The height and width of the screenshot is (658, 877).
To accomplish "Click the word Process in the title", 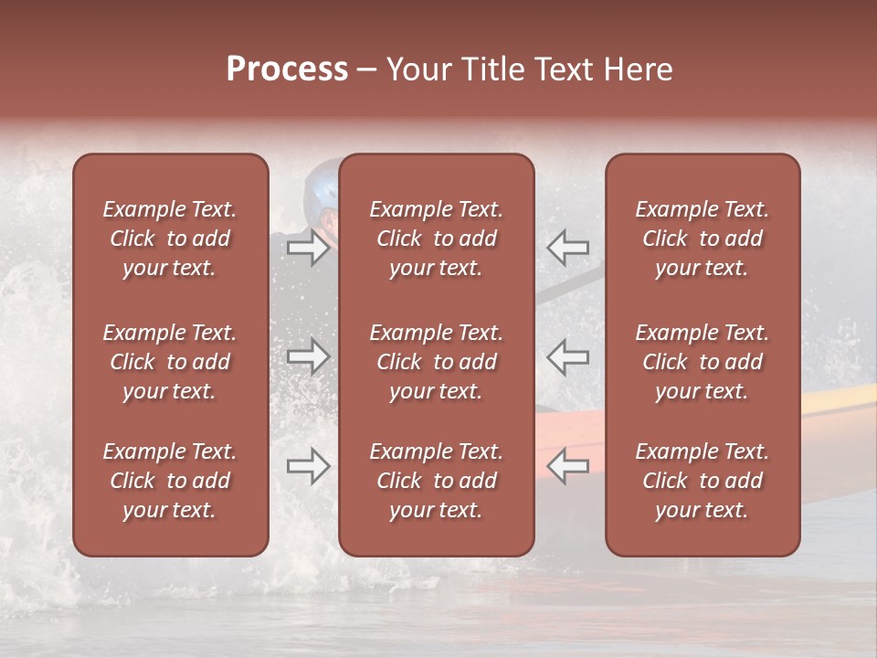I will coord(287,69).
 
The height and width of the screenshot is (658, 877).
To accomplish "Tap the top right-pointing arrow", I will coord(309,248).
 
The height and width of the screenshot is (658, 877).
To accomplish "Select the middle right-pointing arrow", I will coord(309,356).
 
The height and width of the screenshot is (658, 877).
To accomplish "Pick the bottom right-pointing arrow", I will coord(309,466).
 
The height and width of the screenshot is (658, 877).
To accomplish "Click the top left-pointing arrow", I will coord(568,248).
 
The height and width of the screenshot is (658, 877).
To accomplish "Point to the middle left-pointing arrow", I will coord(568,356).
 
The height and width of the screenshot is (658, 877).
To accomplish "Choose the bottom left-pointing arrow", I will coord(568,466).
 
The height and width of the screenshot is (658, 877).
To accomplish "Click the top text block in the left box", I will coord(170,239).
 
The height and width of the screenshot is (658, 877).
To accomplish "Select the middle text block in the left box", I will coord(170,362).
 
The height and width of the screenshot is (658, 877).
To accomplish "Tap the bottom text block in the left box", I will coord(170,481).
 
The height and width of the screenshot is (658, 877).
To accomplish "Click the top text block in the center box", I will coord(437,239).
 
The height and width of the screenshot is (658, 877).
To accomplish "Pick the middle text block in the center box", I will coord(437,362).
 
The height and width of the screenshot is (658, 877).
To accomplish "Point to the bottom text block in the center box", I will coord(437,481).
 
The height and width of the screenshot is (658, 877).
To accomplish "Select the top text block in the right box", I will coord(703,239).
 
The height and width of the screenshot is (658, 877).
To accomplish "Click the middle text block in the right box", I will coord(703,362).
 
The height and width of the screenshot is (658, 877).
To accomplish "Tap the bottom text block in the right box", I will coord(703,481).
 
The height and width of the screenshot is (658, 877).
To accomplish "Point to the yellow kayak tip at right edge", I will coord(840,398).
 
